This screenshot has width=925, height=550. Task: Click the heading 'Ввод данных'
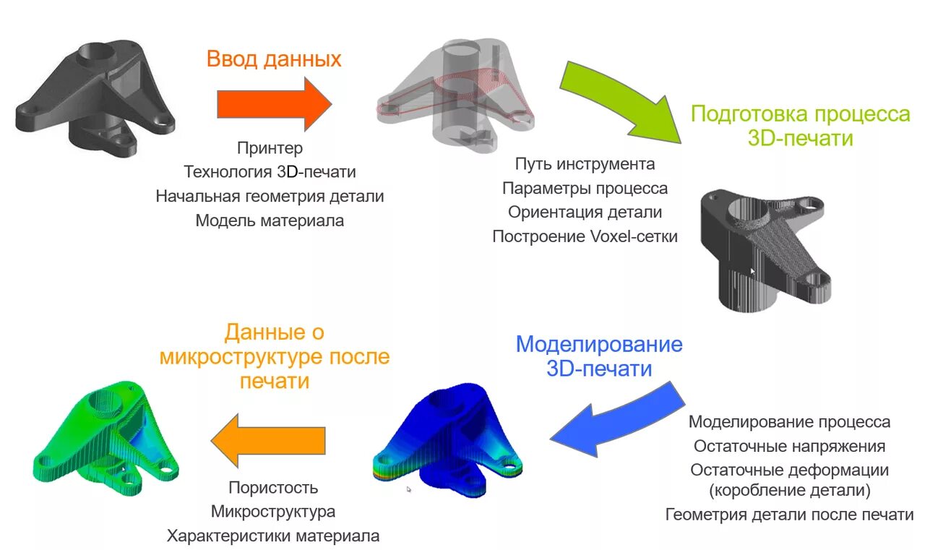pyautogui.click(x=274, y=59)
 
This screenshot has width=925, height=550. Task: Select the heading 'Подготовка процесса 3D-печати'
pyautogui.click(x=800, y=126)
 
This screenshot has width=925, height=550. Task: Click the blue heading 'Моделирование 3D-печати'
pyautogui.click(x=599, y=356)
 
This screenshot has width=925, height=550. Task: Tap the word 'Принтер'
pyautogui.click(x=270, y=148)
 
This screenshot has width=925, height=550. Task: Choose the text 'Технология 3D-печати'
pyautogui.click(x=270, y=172)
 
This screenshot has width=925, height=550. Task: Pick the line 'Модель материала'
pyautogui.click(x=270, y=220)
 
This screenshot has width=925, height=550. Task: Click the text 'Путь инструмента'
pyautogui.click(x=585, y=164)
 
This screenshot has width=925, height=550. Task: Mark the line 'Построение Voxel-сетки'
pyautogui.click(x=585, y=236)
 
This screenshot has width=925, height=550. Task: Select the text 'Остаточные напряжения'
pyautogui.click(x=789, y=446)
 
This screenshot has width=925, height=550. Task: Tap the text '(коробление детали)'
pyautogui.click(x=789, y=491)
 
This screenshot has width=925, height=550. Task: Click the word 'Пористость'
pyautogui.click(x=273, y=488)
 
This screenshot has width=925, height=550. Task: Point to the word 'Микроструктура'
pyautogui.click(x=273, y=512)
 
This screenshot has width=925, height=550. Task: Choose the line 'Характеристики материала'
pyautogui.click(x=273, y=536)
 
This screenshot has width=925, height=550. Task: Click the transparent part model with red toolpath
pyautogui.click(x=455, y=98)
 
